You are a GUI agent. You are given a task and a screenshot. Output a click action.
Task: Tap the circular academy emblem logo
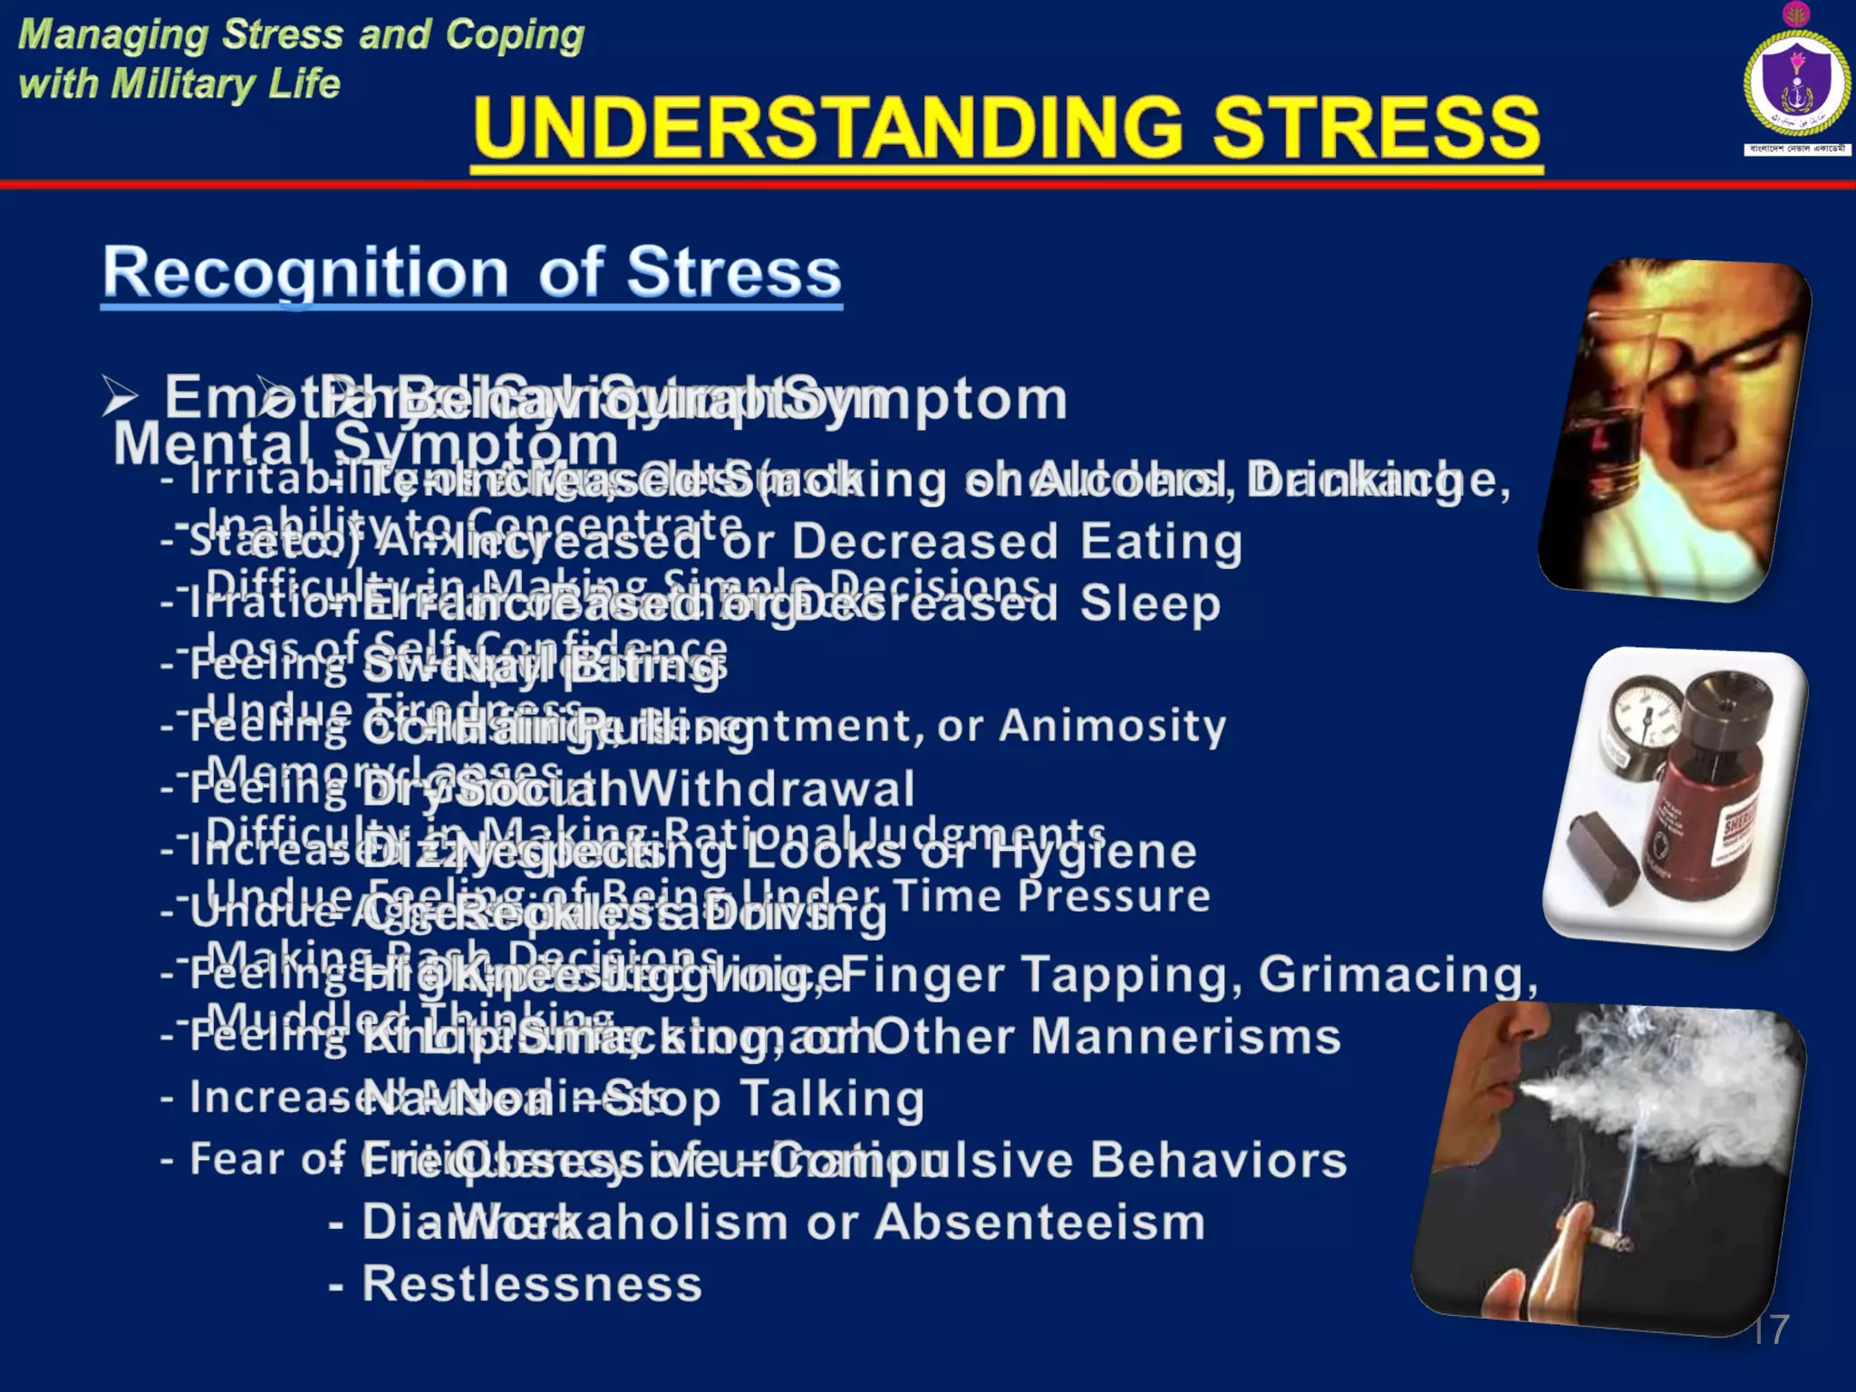coord(1795,83)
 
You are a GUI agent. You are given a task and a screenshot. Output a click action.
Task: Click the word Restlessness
coord(533,1284)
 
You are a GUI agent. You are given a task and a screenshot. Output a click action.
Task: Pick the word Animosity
coord(1112,726)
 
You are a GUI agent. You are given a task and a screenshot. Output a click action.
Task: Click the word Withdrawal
coord(770,789)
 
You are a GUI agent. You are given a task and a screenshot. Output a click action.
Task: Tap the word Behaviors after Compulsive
coord(1218,1160)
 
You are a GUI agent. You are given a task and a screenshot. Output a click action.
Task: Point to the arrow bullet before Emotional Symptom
coord(120,397)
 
